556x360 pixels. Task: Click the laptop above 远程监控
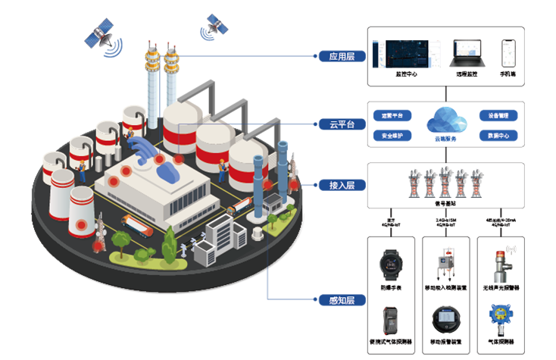[467, 52]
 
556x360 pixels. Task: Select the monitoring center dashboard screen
[407, 52]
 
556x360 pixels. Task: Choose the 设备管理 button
[498, 116]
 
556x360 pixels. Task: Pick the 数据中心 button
[498, 136]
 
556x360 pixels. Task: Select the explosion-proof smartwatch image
[392, 266]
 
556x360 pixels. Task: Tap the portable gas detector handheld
[391, 320]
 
